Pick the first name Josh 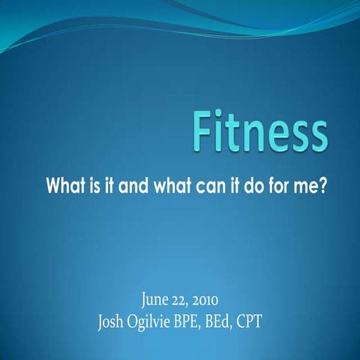pos(112,325)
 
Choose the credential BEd pos(226,325)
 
